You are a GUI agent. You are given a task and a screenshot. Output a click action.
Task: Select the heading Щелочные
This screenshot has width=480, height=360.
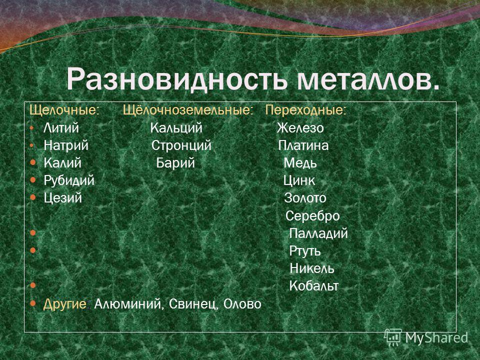click(x=64, y=110)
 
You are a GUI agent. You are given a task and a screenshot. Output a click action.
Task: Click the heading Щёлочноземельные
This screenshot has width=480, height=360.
click(x=188, y=109)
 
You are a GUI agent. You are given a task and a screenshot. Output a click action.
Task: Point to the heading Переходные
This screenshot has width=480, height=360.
click(x=306, y=110)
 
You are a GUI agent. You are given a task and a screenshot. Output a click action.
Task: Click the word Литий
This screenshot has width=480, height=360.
click(x=61, y=128)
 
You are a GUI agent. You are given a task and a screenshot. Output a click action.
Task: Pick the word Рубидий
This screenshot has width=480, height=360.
click(x=69, y=180)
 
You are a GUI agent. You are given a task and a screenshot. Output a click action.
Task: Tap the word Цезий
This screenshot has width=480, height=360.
click(x=63, y=198)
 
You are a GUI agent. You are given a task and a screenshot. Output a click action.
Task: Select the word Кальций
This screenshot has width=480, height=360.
click(x=176, y=128)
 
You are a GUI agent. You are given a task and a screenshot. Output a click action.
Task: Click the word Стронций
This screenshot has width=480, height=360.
click(x=181, y=145)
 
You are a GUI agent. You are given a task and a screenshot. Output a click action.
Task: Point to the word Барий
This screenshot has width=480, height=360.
click(x=175, y=163)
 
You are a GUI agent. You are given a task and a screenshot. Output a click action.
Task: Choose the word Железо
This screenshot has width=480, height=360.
click(x=300, y=128)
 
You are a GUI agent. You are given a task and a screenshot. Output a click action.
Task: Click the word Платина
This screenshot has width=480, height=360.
click(x=303, y=145)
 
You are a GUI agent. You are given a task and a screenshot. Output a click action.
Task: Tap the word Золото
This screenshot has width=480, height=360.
click(x=305, y=198)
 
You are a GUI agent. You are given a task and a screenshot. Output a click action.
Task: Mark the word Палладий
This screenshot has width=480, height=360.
click(x=318, y=233)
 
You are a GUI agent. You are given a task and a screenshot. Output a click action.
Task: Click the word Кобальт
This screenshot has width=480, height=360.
click(x=314, y=286)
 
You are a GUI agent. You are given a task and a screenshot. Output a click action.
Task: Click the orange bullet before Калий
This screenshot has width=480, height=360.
click(x=33, y=162)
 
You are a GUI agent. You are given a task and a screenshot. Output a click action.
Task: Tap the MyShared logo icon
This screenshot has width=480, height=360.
click(x=393, y=337)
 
